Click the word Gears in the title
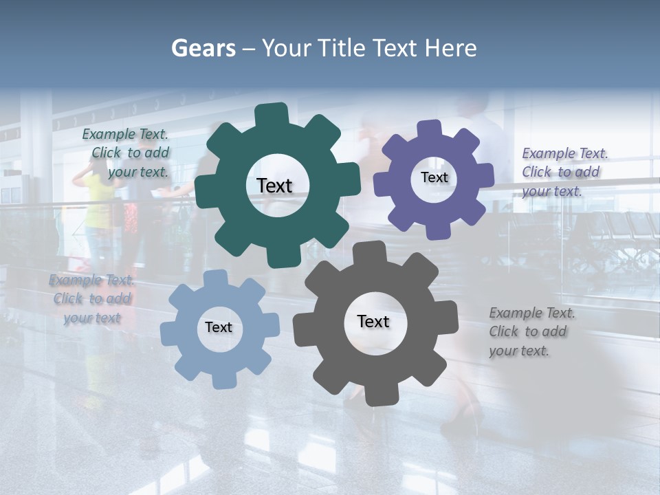pyautogui.click(x=203, y=48)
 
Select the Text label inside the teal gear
pyautogui.click(x=274, y=186)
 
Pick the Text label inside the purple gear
pyautogui.click(x=434, y=177)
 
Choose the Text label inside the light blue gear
pyautogui.click(x=219, y=327)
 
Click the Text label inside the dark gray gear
pyautogui.click(x=373, y=321)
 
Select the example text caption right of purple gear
pyautogui.click(x=564, y=172)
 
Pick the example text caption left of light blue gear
pyautogui.click(x=91, y=299)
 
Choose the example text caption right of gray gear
pyautogui.click(x=531, y=331)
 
